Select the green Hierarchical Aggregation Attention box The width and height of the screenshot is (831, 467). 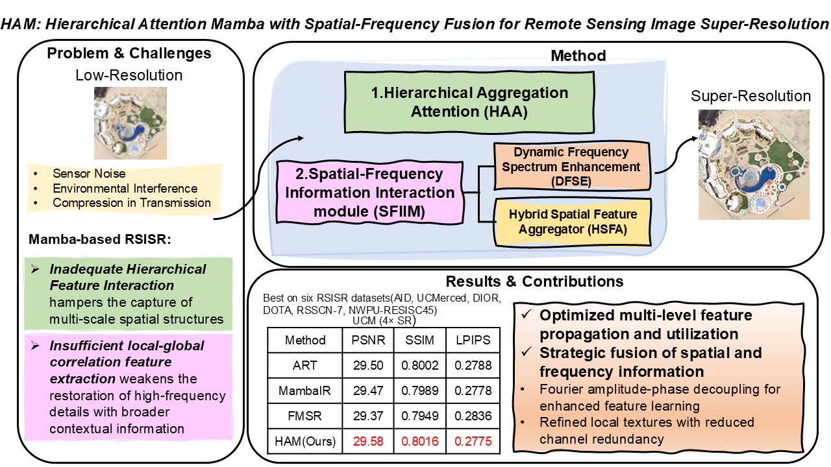tap(469, 101)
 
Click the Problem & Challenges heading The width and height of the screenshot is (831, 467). tap(129, 53)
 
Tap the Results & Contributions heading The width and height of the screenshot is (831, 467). tap(534, 281)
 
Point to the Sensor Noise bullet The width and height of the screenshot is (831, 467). tap(89, 174)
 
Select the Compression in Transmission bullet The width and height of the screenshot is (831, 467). tap(132, 202)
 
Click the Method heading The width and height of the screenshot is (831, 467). tap(578, 56)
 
